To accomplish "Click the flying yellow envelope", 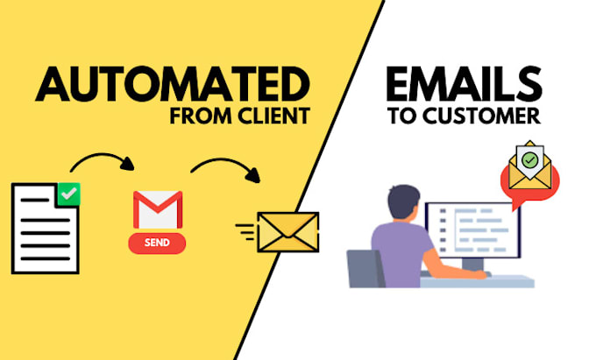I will (x=287, y=232).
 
